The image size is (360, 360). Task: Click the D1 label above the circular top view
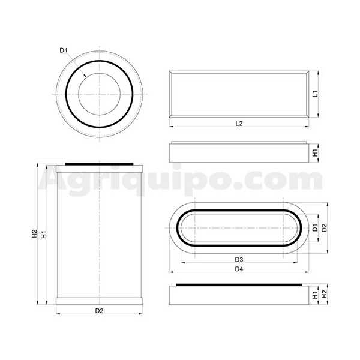[63, 50]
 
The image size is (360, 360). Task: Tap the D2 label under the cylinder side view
[100, 311]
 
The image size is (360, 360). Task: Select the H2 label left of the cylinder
[34, 233]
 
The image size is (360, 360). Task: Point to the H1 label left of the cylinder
[44, 235]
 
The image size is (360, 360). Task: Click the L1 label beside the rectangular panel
[316, 94]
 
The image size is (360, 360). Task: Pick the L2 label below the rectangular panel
[239, 123]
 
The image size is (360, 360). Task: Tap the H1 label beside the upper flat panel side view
[315, 152]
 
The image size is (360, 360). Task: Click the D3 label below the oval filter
[239, 259]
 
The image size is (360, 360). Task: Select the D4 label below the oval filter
[239, 269]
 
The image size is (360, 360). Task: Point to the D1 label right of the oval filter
[315, 227]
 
